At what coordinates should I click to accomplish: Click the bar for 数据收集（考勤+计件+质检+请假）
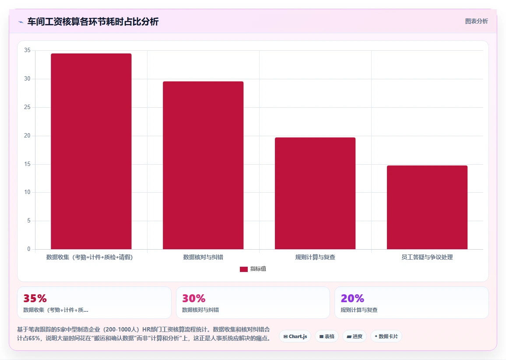pyautogui.click(x=91, y=151)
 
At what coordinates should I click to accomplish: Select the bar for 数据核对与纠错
pyautogui.click(x=203, y=165)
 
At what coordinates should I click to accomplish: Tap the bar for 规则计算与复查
pyautogui.click(x=315, y=194)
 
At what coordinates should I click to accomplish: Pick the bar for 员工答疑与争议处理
pyautogui.click(x=427, y=207)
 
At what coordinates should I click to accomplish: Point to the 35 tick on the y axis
pyautogui.click(x=27, y=50)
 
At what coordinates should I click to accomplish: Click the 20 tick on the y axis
pyautogui.click(x=27, y=136)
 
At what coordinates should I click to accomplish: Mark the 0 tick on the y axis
pyautogui.click(x=29, y=249)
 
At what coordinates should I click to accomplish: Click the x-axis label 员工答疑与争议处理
pyautogui.click(x=427, y=258)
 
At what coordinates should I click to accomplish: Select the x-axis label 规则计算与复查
pyautogui.click(x=315, y=258)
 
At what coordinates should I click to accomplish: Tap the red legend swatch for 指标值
pyautogui.click(x=244, y=269)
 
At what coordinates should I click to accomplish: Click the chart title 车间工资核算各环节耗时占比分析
pyautogui.click(x=93, y=21)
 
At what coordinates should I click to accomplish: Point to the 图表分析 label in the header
pyautogui.click(x=476, y=21)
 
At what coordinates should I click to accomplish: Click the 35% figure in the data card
pyautogui.click(x=35, y=298)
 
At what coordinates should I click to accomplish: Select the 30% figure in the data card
pyautogui.click(x=193, y=298)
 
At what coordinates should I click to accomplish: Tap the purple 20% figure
pyautogui.click(x=352, y=298)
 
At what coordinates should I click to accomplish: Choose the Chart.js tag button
pyautogui.click(x=295, y=336)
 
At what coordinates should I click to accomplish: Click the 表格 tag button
pyautogui.click(x=327, y=336)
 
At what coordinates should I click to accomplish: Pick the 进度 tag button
pyautogui.click(x=354, y=336)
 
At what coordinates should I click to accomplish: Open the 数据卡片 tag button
pyautogui.click(x=386, y=336)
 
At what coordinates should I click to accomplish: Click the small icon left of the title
pyautogui.click(x=21, y=22)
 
